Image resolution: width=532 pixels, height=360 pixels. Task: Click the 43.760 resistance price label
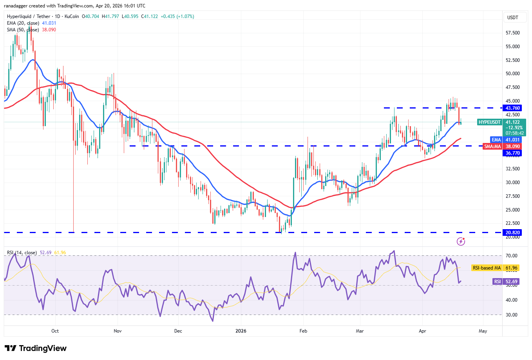[x=512, y=108]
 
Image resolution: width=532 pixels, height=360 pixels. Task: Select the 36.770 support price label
[x=512, y=153]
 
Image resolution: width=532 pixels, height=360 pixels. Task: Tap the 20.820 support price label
[x=512, y=233]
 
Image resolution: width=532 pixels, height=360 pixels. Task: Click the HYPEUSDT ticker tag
[x=490, y=122]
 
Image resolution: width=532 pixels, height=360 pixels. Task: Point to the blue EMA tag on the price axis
[x=496, y=140]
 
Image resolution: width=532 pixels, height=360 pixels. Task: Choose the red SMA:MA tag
[x=492, y=147]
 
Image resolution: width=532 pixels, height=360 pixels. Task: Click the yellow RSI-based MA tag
[x=487, y=268]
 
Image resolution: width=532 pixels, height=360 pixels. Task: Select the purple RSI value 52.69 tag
[x=497, y=282]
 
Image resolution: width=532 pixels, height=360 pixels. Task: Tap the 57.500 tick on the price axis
[x=512, y=33]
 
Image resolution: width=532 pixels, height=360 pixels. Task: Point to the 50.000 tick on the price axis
[x=512, y=74]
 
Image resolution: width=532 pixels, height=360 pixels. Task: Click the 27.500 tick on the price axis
[x=512, y=196]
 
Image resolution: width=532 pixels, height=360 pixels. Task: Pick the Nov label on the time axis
[x=118, y=331]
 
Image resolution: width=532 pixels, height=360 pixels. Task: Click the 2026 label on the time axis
[x=241, y=331]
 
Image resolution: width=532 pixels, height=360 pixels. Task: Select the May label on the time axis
[x=483, y=331]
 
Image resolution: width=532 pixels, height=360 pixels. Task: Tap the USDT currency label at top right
[x=512, y=18]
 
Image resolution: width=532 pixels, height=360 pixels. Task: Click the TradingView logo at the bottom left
[x=36, y=348]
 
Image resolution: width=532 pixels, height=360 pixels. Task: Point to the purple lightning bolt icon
[x=461, y=241]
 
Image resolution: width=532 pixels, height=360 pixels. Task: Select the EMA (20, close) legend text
[x=23, y=23]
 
